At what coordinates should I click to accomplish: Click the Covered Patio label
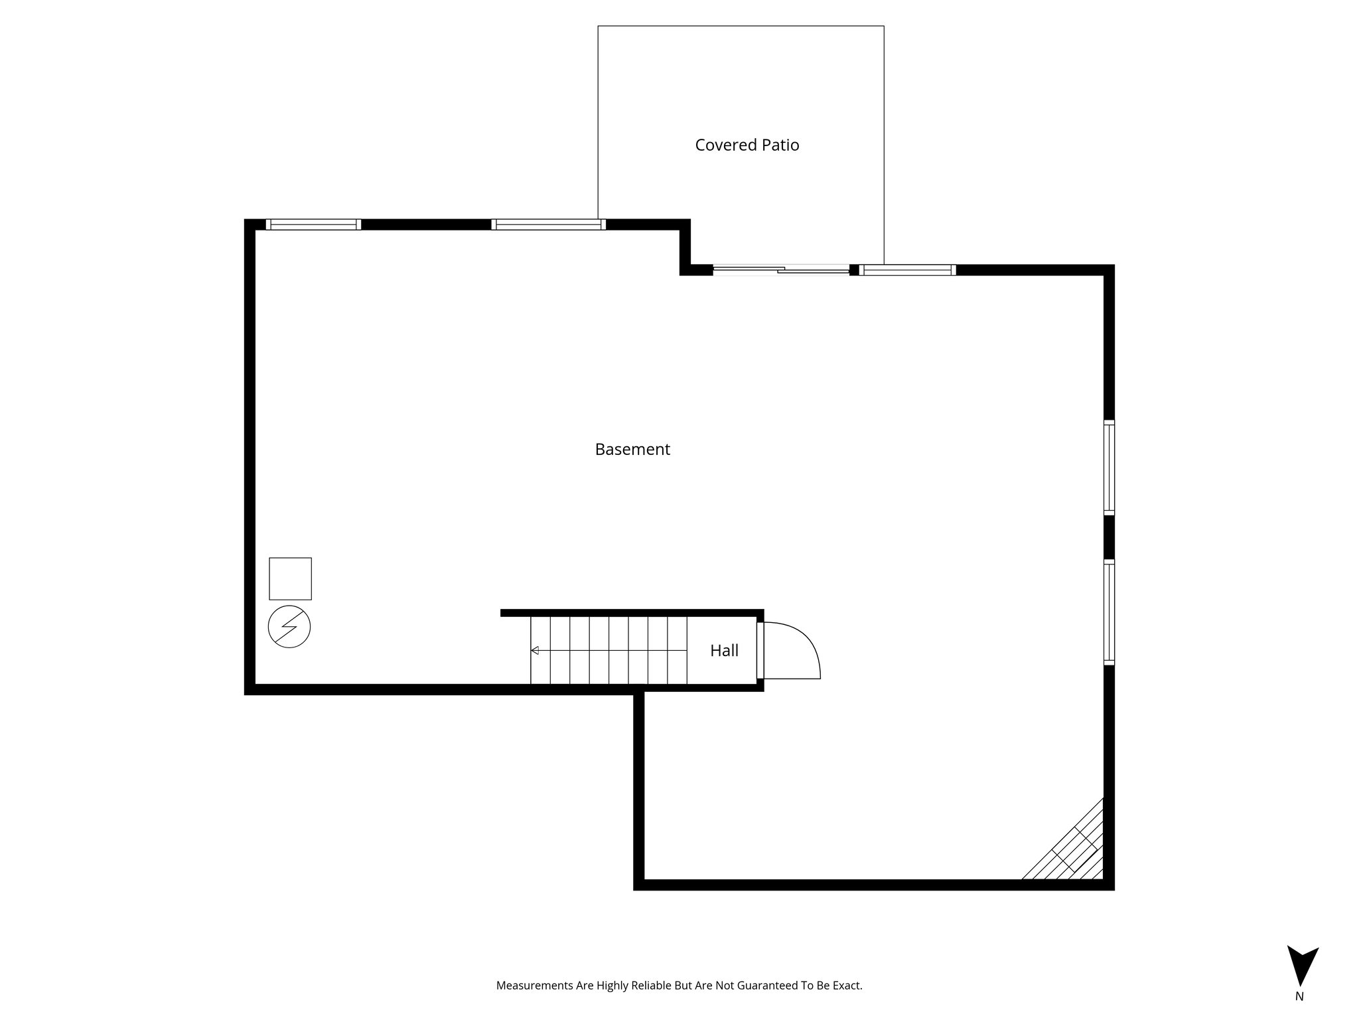[747, 145]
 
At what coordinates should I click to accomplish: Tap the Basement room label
[632, 450]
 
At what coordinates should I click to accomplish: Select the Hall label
[724, 651]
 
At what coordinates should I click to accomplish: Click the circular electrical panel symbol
[289, 626]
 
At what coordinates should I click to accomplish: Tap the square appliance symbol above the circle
[290, 578]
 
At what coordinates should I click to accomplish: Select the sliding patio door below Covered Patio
[781, 270]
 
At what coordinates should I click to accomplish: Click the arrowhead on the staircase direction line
[534, 651]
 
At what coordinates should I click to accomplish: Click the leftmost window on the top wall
[313, 224]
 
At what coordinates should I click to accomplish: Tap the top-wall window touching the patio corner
[548, 224]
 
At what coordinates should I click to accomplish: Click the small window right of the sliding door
[907, 270]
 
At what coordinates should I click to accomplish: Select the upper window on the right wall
[1109, 467]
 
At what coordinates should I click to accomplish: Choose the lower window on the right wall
[1109, 612]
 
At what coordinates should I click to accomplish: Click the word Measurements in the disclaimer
[535, 986]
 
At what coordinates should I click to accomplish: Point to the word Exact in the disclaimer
[847, 986]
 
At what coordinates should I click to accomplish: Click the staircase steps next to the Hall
[608, 651]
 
